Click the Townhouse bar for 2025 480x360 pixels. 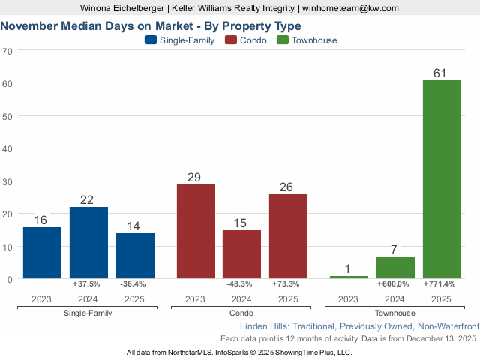coord(442,179)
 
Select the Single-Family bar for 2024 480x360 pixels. coord(88,243)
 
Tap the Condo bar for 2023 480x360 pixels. coord(196,232)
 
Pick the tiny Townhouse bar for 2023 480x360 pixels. coord(349,277)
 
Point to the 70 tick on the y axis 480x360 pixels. coord(7,51)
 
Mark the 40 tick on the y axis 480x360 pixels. coord(7,148)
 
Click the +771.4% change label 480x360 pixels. coord(442,284)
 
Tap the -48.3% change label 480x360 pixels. coord(241,284)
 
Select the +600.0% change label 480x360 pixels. coord(395,284)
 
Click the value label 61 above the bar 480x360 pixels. coord(442,73)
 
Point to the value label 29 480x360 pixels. coord(196,177)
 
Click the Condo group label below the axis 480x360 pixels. coord(241,313)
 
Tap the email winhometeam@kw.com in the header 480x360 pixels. coord(351,8)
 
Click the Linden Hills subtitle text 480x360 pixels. coord(358,327)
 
